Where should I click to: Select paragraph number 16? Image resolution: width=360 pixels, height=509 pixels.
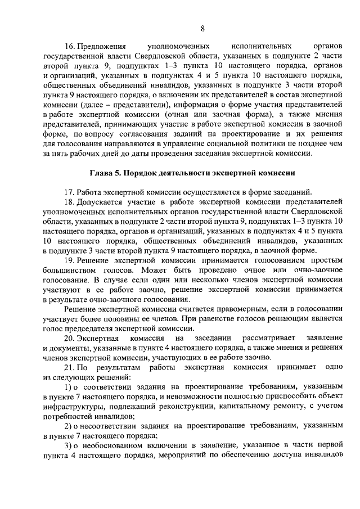69,45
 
